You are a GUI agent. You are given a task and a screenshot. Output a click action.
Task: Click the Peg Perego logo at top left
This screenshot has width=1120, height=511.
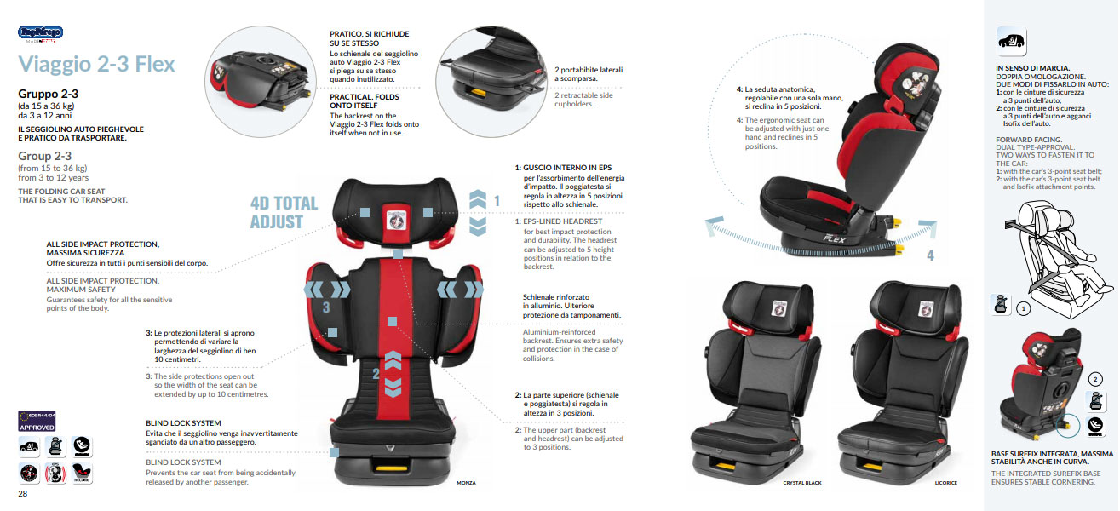(x=40, y=33)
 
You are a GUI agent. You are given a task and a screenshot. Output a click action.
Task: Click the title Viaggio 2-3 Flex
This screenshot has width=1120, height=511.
(x=96, y=65)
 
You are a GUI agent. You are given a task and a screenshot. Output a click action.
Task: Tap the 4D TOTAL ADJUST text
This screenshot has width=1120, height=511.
(x=284, y=212)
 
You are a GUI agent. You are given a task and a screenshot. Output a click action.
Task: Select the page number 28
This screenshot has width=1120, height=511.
(x=24, y=493)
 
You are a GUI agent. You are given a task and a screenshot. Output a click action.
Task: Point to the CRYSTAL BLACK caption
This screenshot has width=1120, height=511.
(x=801, y=483)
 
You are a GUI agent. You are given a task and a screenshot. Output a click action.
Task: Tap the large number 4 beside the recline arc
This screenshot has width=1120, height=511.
(x=930, y=255)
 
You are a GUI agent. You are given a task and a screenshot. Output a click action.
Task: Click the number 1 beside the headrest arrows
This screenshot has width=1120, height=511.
(x=497, y=202)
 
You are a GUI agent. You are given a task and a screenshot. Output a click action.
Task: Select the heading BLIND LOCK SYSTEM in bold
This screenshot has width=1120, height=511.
(x=183, y=423)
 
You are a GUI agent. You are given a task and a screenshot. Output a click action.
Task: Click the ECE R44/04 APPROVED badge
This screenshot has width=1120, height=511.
(x=37, y=421)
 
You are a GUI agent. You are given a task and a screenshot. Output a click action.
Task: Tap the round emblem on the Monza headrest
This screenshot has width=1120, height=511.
(x=395, y=216)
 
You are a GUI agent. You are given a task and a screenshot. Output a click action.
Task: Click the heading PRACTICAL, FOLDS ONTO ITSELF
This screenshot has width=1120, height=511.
(x=365, y=101)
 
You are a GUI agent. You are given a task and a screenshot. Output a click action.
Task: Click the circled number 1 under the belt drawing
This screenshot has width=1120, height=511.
(x=1025, y=309)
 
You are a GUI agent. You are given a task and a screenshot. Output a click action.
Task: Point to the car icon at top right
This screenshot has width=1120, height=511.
(x=1011, y=41)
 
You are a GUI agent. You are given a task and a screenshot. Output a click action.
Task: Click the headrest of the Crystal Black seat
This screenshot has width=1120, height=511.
(x=778, y=309)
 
